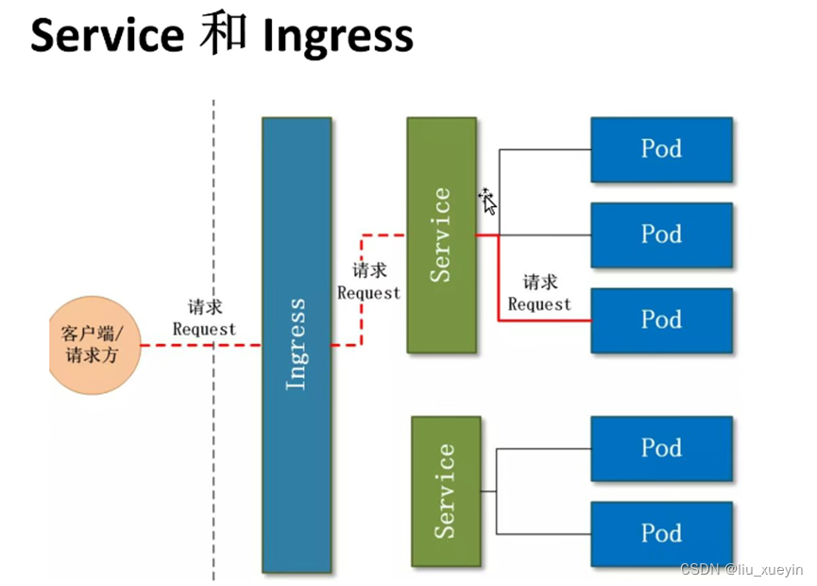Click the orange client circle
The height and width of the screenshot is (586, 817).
click(94, 345)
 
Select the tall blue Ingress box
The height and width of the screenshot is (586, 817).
click(297, 345)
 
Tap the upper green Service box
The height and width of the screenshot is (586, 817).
click(442, 235)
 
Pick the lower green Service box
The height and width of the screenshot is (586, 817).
click(446, 491)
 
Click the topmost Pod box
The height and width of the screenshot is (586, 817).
click(662, 149)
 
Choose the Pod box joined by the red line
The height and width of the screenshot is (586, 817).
click(662, 320)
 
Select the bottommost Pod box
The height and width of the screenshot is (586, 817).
click(662, 534)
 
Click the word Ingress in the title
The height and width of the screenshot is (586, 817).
click(338, 37)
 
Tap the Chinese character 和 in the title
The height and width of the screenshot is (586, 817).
click(224, 33)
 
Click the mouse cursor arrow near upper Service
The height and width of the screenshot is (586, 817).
click(488, 202)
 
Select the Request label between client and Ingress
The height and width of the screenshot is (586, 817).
click(204, 330)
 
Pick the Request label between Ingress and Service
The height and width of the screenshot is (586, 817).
click(369, 293)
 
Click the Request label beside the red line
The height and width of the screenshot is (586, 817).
click(540, 304)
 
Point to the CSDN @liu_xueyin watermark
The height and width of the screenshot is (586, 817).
click(742, 569)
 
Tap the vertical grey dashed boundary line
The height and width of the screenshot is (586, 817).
click(213, 339)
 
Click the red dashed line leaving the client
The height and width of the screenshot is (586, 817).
click(201, 345)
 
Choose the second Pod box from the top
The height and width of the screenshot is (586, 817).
click(662, 235)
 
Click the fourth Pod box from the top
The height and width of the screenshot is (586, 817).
click(662, 448)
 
